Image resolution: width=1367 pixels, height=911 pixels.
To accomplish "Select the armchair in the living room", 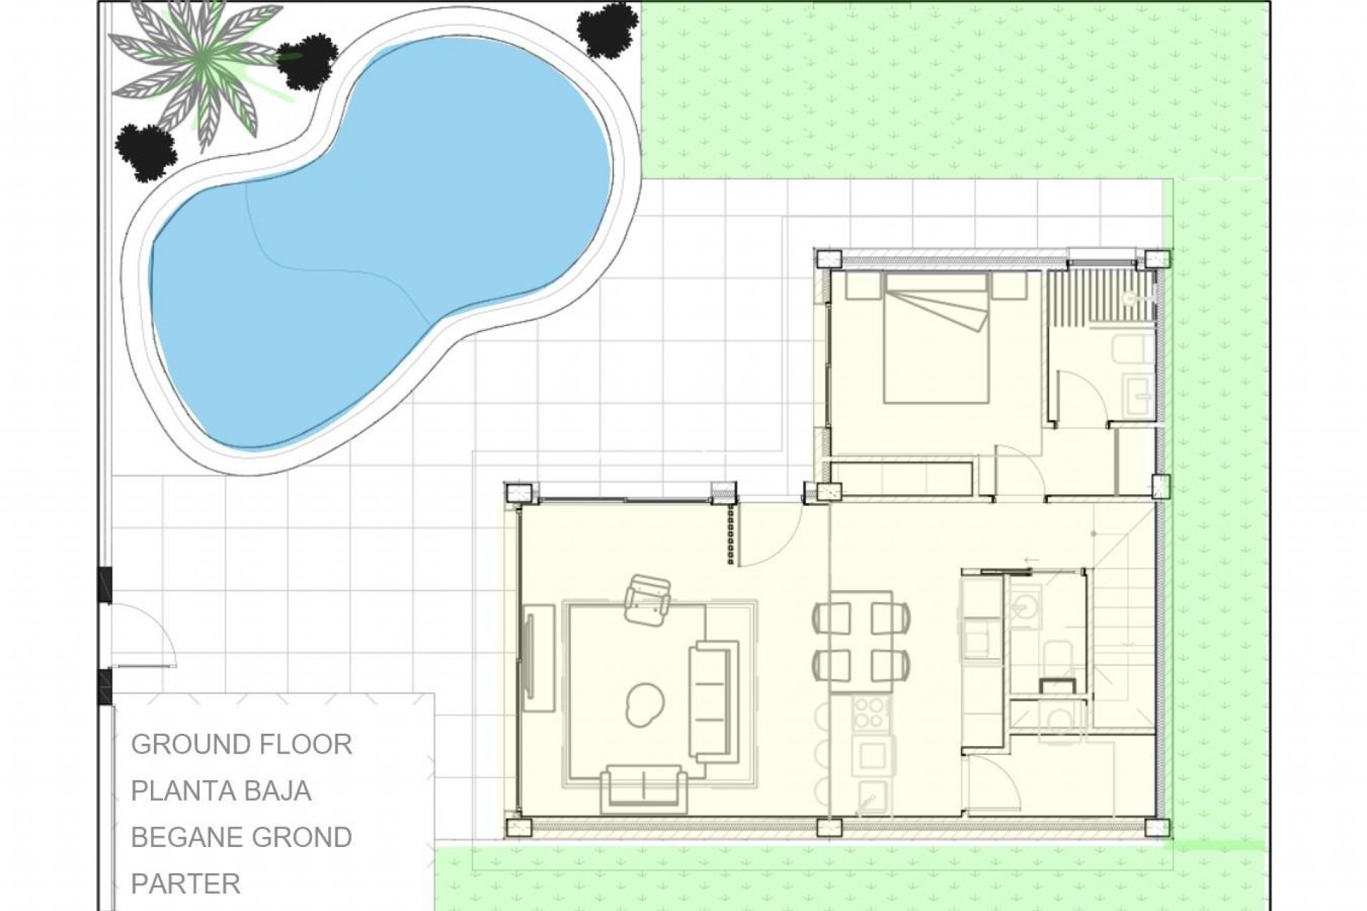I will click(647, 601).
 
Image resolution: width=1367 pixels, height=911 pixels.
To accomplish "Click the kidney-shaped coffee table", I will click(644, 702).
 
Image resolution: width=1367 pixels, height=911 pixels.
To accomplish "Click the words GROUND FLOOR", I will click(241, 744).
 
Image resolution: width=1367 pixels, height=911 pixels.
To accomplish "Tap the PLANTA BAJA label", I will click(221, 791).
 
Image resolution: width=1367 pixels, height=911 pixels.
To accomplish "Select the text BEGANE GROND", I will click(241, 838).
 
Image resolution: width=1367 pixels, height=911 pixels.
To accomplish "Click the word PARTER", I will click(186, 884).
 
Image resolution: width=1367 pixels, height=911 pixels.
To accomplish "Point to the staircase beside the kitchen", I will click(1121, 641).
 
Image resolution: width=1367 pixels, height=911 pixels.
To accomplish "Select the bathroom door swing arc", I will click(1082, 399).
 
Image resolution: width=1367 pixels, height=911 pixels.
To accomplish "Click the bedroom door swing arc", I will click(1018, 470).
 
